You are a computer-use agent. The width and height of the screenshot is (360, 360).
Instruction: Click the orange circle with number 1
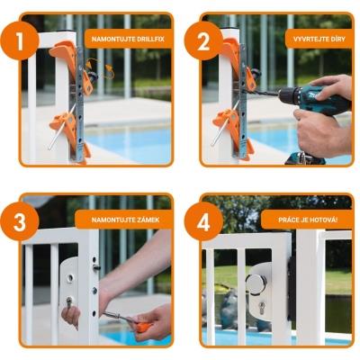coord(20,40)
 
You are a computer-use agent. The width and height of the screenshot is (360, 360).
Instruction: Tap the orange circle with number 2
coord(203,40)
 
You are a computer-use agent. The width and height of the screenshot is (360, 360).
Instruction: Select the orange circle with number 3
coord(20,221)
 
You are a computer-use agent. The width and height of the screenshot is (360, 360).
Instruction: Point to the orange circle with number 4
coord(203,221)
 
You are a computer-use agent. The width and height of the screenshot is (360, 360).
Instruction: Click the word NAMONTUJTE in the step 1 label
coord(110,39)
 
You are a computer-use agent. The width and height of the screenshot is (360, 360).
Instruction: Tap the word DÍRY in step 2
coord(337,39)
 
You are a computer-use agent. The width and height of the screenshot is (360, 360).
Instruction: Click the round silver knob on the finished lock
coord(256,283)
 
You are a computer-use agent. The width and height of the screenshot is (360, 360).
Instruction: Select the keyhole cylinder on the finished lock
coord(262,308)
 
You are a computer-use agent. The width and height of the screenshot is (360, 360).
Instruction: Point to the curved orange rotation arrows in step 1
coord(100,68)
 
